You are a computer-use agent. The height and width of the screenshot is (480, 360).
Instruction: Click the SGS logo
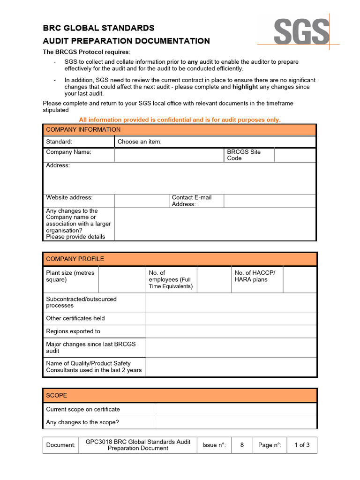[302, 32]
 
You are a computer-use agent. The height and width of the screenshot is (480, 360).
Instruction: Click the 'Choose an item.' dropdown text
[139, 142]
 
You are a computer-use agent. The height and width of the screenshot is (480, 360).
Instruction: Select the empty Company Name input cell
[169, 155]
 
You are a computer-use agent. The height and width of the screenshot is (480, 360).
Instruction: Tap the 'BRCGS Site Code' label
[244, 155]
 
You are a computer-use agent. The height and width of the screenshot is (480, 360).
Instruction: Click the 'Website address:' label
[69, 197]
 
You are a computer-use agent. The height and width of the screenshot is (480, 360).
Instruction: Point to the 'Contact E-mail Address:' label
[192, 201]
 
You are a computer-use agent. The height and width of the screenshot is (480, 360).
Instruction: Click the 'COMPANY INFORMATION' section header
[83, 129]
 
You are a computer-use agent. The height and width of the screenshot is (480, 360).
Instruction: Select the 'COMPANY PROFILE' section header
[75, 259]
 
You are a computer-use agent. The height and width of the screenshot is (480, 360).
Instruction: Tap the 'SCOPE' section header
[56, 395]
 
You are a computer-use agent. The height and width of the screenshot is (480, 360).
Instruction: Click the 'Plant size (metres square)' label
[70, 276]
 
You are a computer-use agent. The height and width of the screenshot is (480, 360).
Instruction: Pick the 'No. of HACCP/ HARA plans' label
[255, 276]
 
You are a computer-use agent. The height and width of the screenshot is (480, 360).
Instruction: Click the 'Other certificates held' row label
[75, 318]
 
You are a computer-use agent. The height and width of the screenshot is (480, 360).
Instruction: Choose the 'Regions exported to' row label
[73, 331]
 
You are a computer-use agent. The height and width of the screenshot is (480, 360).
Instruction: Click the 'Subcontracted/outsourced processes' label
[81, 302]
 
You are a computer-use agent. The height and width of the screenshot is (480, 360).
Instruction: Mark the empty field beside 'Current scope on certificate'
[235, 409]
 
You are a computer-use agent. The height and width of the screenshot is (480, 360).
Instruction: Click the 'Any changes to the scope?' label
[82, 422]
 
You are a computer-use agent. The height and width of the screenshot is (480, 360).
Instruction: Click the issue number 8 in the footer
[242, 445]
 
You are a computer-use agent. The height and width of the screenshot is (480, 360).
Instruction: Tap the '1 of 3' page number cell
[301, 445]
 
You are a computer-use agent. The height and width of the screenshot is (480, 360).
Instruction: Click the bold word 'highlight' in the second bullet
[245, 87]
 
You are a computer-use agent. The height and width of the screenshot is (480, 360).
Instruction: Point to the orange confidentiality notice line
[180, 120]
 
